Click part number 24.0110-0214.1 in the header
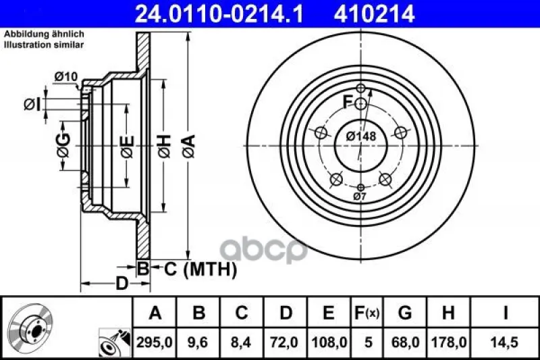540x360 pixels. click(x=219, y=14)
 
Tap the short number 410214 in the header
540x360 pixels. click(x=375, y=14)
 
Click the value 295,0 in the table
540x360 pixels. click(x=155, y=342)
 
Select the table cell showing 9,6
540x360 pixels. click(x=198, y=342)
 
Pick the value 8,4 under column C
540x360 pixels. click(x=241, y=342)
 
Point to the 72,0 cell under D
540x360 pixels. click(x=284, y=342)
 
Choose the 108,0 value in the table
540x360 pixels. click(x=329, y=342)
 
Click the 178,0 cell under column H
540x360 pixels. click(x=449, y=342)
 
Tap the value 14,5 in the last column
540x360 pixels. click(x=505, y=342)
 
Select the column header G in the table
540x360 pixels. click(x=405, y=313)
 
